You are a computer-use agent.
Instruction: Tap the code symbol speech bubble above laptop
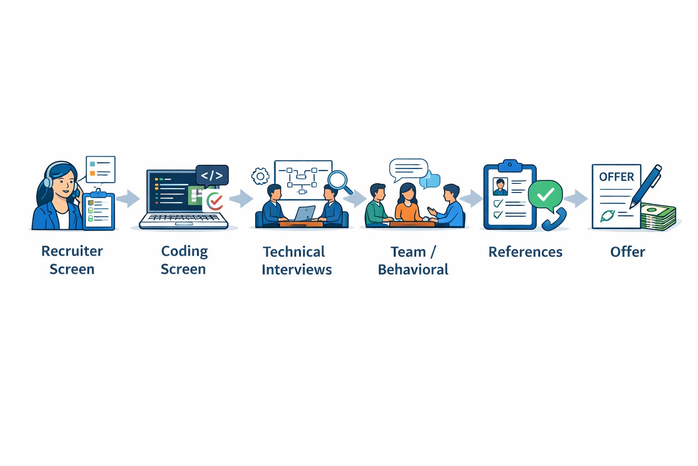pos(212,175)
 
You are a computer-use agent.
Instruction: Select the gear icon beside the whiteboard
pos(260,176)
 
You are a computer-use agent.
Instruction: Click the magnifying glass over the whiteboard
pos(338,180)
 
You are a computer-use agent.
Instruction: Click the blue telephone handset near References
pos(554,220)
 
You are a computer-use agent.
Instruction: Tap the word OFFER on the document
pos(616,177)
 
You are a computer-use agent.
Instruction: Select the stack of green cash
pos(658,217)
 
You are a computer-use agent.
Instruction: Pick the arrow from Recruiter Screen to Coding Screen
pos(129,198)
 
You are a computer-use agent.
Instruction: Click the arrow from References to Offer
pos(576,198)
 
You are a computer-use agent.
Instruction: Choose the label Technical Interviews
pos(296,261)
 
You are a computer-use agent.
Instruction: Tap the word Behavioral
pos(413,269)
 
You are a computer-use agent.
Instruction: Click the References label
pos(525,252)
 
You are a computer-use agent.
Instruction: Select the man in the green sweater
pos(376,206)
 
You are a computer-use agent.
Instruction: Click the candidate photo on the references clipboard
pos(500,187)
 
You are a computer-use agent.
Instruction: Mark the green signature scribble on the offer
pos(608,215)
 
